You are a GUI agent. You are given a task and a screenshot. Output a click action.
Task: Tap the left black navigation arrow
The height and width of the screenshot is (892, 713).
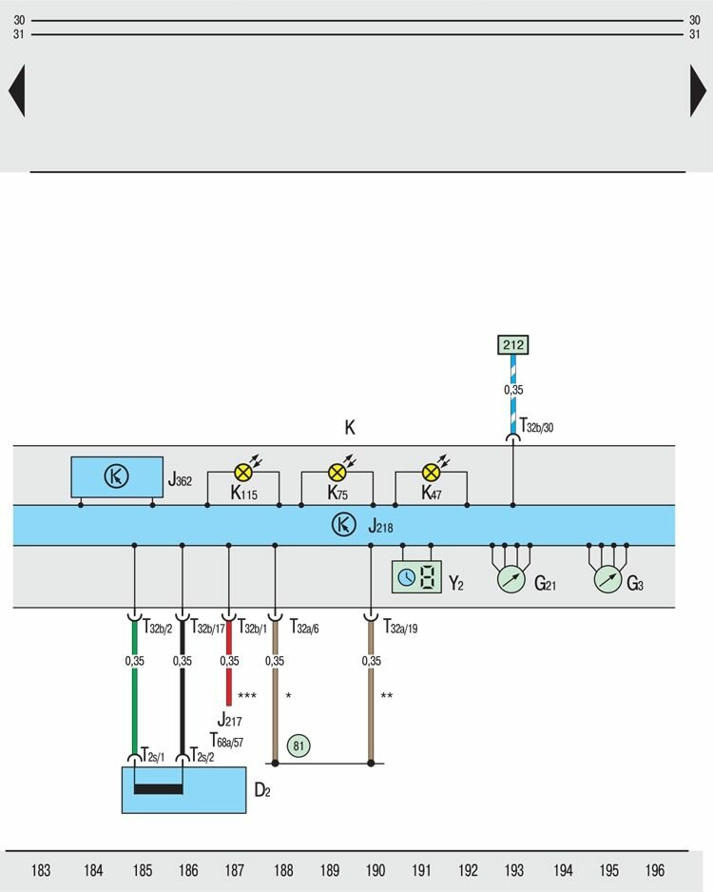(x=16, y=91)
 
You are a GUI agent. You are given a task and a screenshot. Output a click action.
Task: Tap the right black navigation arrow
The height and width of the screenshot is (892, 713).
(x=698, y=91)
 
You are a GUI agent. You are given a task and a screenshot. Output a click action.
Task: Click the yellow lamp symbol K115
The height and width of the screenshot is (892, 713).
(x=243, y=471)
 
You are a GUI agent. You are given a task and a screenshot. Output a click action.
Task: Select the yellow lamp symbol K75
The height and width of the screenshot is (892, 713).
(x=337, y=471)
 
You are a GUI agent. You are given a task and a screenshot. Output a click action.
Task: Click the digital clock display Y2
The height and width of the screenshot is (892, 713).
(x=416, y=577)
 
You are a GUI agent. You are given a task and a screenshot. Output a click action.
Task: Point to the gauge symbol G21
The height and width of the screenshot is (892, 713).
(x=511, y=579)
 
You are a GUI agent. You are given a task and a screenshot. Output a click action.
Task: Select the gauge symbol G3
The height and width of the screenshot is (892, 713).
(x=607, y=579)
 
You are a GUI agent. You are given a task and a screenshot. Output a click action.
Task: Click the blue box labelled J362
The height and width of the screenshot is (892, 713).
(x=116, y=477)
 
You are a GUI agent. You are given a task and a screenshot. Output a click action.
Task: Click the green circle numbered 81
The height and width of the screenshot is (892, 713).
(x=299, y=747)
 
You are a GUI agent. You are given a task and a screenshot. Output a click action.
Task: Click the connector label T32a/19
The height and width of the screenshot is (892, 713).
(x=399, y=628)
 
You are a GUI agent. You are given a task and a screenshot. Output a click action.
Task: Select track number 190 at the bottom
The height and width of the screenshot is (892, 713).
(x=376, y=870)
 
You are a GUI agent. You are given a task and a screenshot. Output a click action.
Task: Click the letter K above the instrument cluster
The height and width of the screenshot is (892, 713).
(x=350, y=429)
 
